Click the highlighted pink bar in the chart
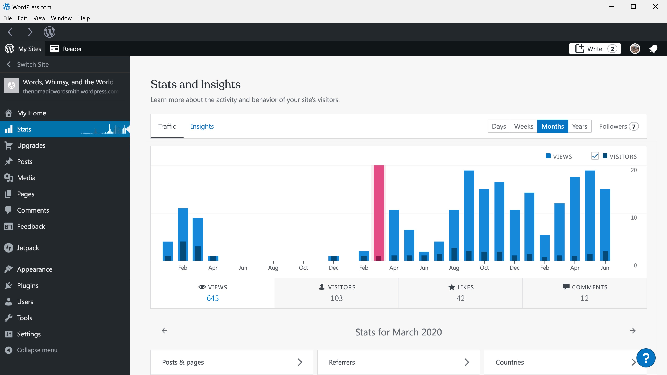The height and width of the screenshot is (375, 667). pos(378,212)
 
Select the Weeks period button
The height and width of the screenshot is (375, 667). pos(523,126)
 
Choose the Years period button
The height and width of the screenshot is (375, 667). pos(579,126)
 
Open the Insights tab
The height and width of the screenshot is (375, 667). pos(202,126)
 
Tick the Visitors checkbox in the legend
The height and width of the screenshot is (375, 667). pos(595,156)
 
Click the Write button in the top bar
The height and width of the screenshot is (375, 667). pos(595,49)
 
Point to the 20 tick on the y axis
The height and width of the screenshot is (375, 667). pos(634,170)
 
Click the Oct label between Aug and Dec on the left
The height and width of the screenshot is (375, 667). pos(303,268)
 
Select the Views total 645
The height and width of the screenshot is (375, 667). pos(213,298)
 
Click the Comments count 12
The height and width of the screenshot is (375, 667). pos(584,298)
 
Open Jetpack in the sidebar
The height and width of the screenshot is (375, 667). pos(28,248)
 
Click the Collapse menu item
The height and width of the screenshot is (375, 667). pos(37,350)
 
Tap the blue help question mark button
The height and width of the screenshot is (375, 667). pos(646,358)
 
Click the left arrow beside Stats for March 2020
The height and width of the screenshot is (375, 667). pos(164,331)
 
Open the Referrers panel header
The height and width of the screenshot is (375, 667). pos(398,362)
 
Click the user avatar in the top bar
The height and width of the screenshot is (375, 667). pos(635,49)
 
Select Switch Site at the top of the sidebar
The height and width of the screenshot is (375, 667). pos(33,64)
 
